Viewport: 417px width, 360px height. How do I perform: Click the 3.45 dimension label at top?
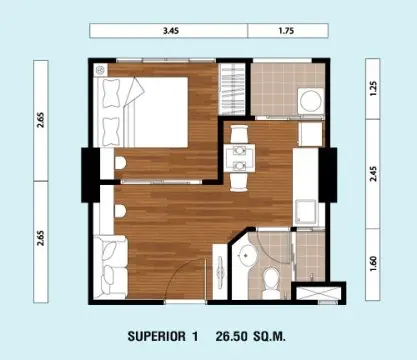[171, 31]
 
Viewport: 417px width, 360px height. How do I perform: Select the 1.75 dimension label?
[286, 31]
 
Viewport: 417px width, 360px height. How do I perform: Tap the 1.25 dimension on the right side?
[373, 89]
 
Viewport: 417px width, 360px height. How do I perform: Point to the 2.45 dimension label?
[373, 174]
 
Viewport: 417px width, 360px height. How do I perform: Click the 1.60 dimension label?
[373, 263]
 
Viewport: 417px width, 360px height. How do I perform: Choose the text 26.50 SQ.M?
[250, 336]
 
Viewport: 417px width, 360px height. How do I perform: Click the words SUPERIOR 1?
[163, 336]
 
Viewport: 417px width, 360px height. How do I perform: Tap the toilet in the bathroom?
[271, 283]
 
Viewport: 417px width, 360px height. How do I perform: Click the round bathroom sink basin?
[247, 256]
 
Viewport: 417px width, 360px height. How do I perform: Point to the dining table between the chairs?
[239, 158]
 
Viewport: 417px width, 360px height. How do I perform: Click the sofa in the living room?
[110, 266]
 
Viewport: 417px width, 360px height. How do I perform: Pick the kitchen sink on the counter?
[305, 211]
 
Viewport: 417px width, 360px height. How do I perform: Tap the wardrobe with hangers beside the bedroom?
[232, 89]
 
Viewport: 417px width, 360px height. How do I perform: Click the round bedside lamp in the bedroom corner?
[100, 70]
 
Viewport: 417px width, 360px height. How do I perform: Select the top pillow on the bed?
[111, 93]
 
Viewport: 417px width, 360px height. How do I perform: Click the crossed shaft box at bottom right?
[318, 293]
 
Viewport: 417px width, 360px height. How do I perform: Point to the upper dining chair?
[239, 134]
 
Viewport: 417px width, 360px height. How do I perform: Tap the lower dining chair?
[239, 182]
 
